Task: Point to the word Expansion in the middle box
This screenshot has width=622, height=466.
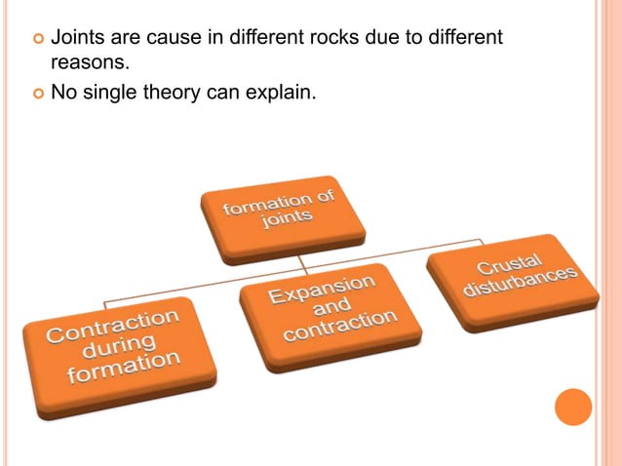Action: tap(322, 289)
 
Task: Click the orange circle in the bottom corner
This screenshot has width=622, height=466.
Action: tap(572, 407)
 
